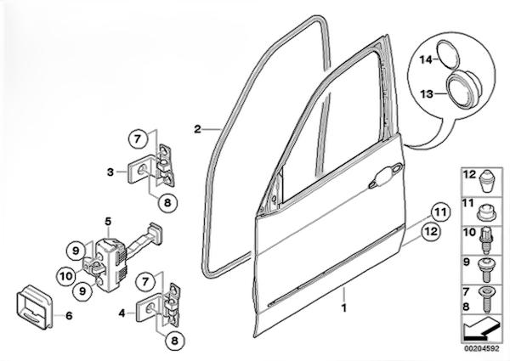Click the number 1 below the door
click(343, 307)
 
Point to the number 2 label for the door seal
click(197, 129)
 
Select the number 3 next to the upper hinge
click(110, 172)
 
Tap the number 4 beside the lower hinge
click(122, 313)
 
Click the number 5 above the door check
click(108, 222)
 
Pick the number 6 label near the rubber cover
click(69, 315)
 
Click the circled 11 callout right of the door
click(440, 212)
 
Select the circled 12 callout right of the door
click(431, 232)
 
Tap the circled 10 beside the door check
click(67, 276)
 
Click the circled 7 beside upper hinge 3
click(138, 139)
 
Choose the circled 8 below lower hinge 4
click(174, 341)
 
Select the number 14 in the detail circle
click(425, 59)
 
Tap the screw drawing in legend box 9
click(484, 269)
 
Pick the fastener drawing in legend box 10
click(485, 240)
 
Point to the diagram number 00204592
click(481, 348)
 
